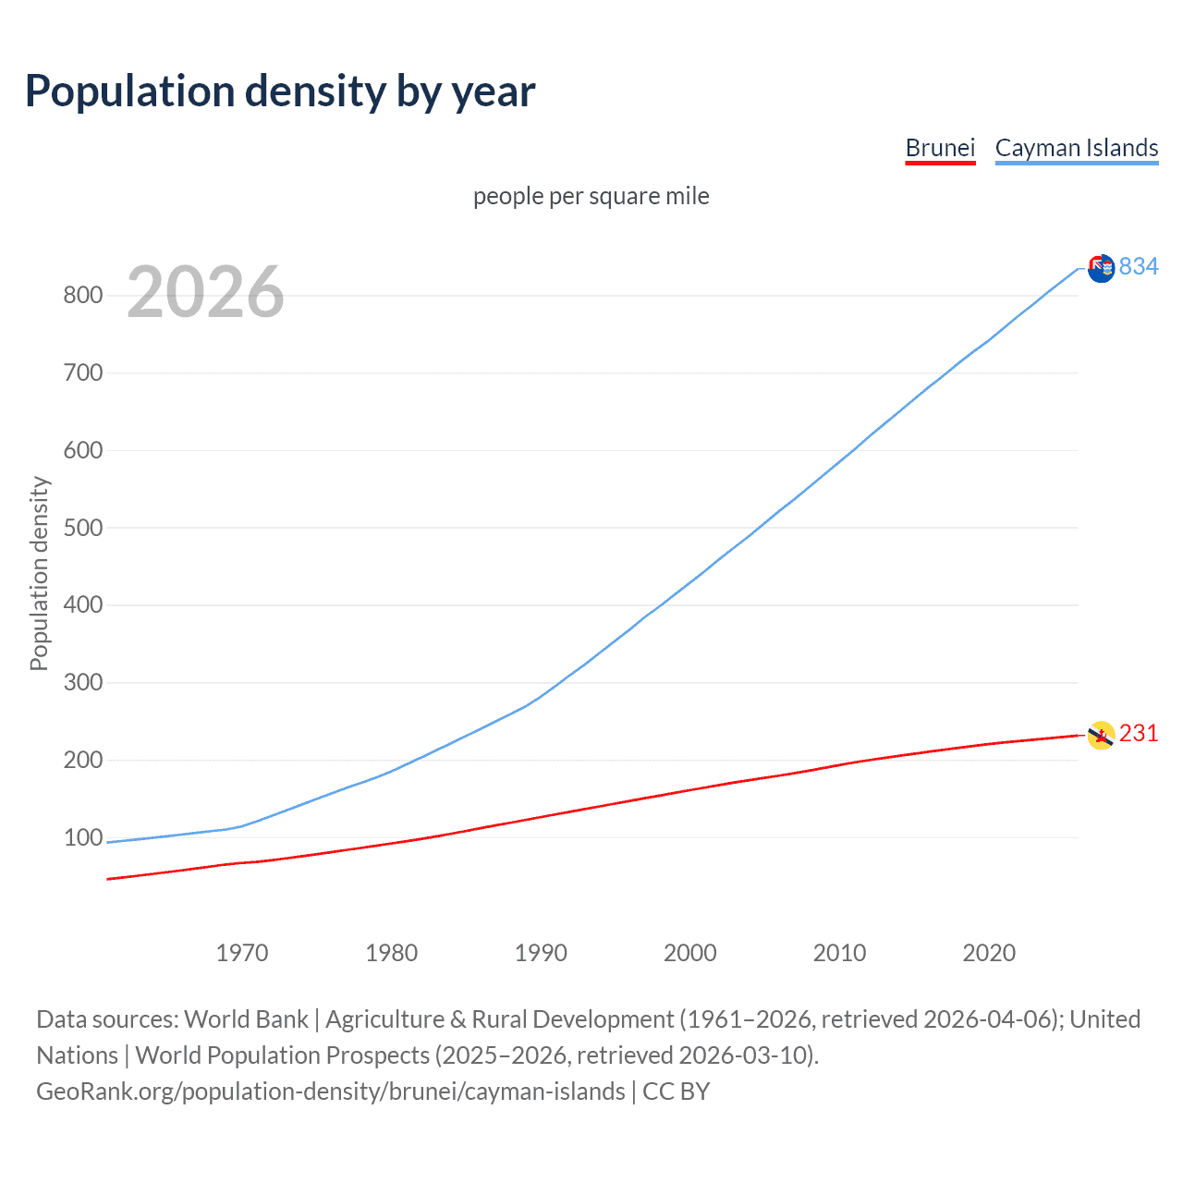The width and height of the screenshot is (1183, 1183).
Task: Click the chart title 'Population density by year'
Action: (x=280, y=91)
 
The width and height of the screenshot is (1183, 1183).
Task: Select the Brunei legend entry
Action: (x=940, y=148)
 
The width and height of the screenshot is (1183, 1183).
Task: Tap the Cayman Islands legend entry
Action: (x=1077, y=148)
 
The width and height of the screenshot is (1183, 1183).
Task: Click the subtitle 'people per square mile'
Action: (x=591, y=196)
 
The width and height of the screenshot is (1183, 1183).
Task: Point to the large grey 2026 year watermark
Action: (x=205, y=292)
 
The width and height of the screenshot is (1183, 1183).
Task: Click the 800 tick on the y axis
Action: (x=82, y=296)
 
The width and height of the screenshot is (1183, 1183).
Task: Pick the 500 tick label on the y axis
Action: (x=82, y=528)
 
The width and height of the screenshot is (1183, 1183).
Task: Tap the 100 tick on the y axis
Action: (x=82, y=837)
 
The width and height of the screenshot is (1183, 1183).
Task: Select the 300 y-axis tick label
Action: (x=82, y=683)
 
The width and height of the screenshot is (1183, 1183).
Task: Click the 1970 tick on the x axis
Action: (x=242, y=953)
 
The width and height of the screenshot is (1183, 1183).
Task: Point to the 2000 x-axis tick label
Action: (x=690, y=953)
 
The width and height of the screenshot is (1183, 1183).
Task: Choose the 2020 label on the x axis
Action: (x=989, y=953)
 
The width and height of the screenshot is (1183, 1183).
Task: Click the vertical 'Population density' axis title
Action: (x=39, y=573)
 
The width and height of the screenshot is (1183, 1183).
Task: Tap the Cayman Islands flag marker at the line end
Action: (x=1101, y=269)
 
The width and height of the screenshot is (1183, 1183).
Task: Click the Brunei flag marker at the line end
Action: (x=1101, y=736)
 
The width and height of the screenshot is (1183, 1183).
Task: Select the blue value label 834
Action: (x=1139, y=267)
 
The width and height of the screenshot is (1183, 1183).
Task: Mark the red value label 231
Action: (x=1139, y=734)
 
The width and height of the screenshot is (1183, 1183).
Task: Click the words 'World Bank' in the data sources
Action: (x=246, y=1019)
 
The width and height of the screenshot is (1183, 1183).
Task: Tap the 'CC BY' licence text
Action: (x=677, y=1092)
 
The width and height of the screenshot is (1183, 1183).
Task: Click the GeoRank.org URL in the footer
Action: (x=331, y=1092)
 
